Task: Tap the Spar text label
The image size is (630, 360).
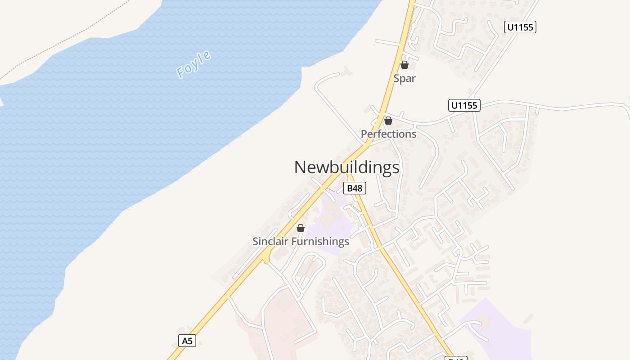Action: (x=405, y=78)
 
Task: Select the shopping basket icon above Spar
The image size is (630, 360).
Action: (x=405, y=65)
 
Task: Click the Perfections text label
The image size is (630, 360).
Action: (x=389, y=134)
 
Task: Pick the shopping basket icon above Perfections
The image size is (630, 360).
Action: (x=388, y=121)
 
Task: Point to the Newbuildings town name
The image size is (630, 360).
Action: (x=346, y=167)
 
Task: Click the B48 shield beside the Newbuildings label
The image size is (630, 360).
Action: (x=355, y=188)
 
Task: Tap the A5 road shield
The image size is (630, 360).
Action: (x=187, y=341)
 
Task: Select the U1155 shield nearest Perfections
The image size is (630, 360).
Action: (x=464, y=105)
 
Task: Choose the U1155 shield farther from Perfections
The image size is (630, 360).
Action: (x=520, y=27)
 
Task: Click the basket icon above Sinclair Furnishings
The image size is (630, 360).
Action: (x=301, y=228)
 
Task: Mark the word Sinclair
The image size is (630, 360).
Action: (x=270, y=242)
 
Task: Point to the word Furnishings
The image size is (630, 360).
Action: (x=320, y=242)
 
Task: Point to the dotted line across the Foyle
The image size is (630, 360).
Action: (x=67, y=40)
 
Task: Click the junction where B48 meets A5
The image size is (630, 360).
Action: (x=366, y=145)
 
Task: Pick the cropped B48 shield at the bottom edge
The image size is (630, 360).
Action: (x=456, y=358)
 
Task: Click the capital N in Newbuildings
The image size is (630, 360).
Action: (x=301, y=167)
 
